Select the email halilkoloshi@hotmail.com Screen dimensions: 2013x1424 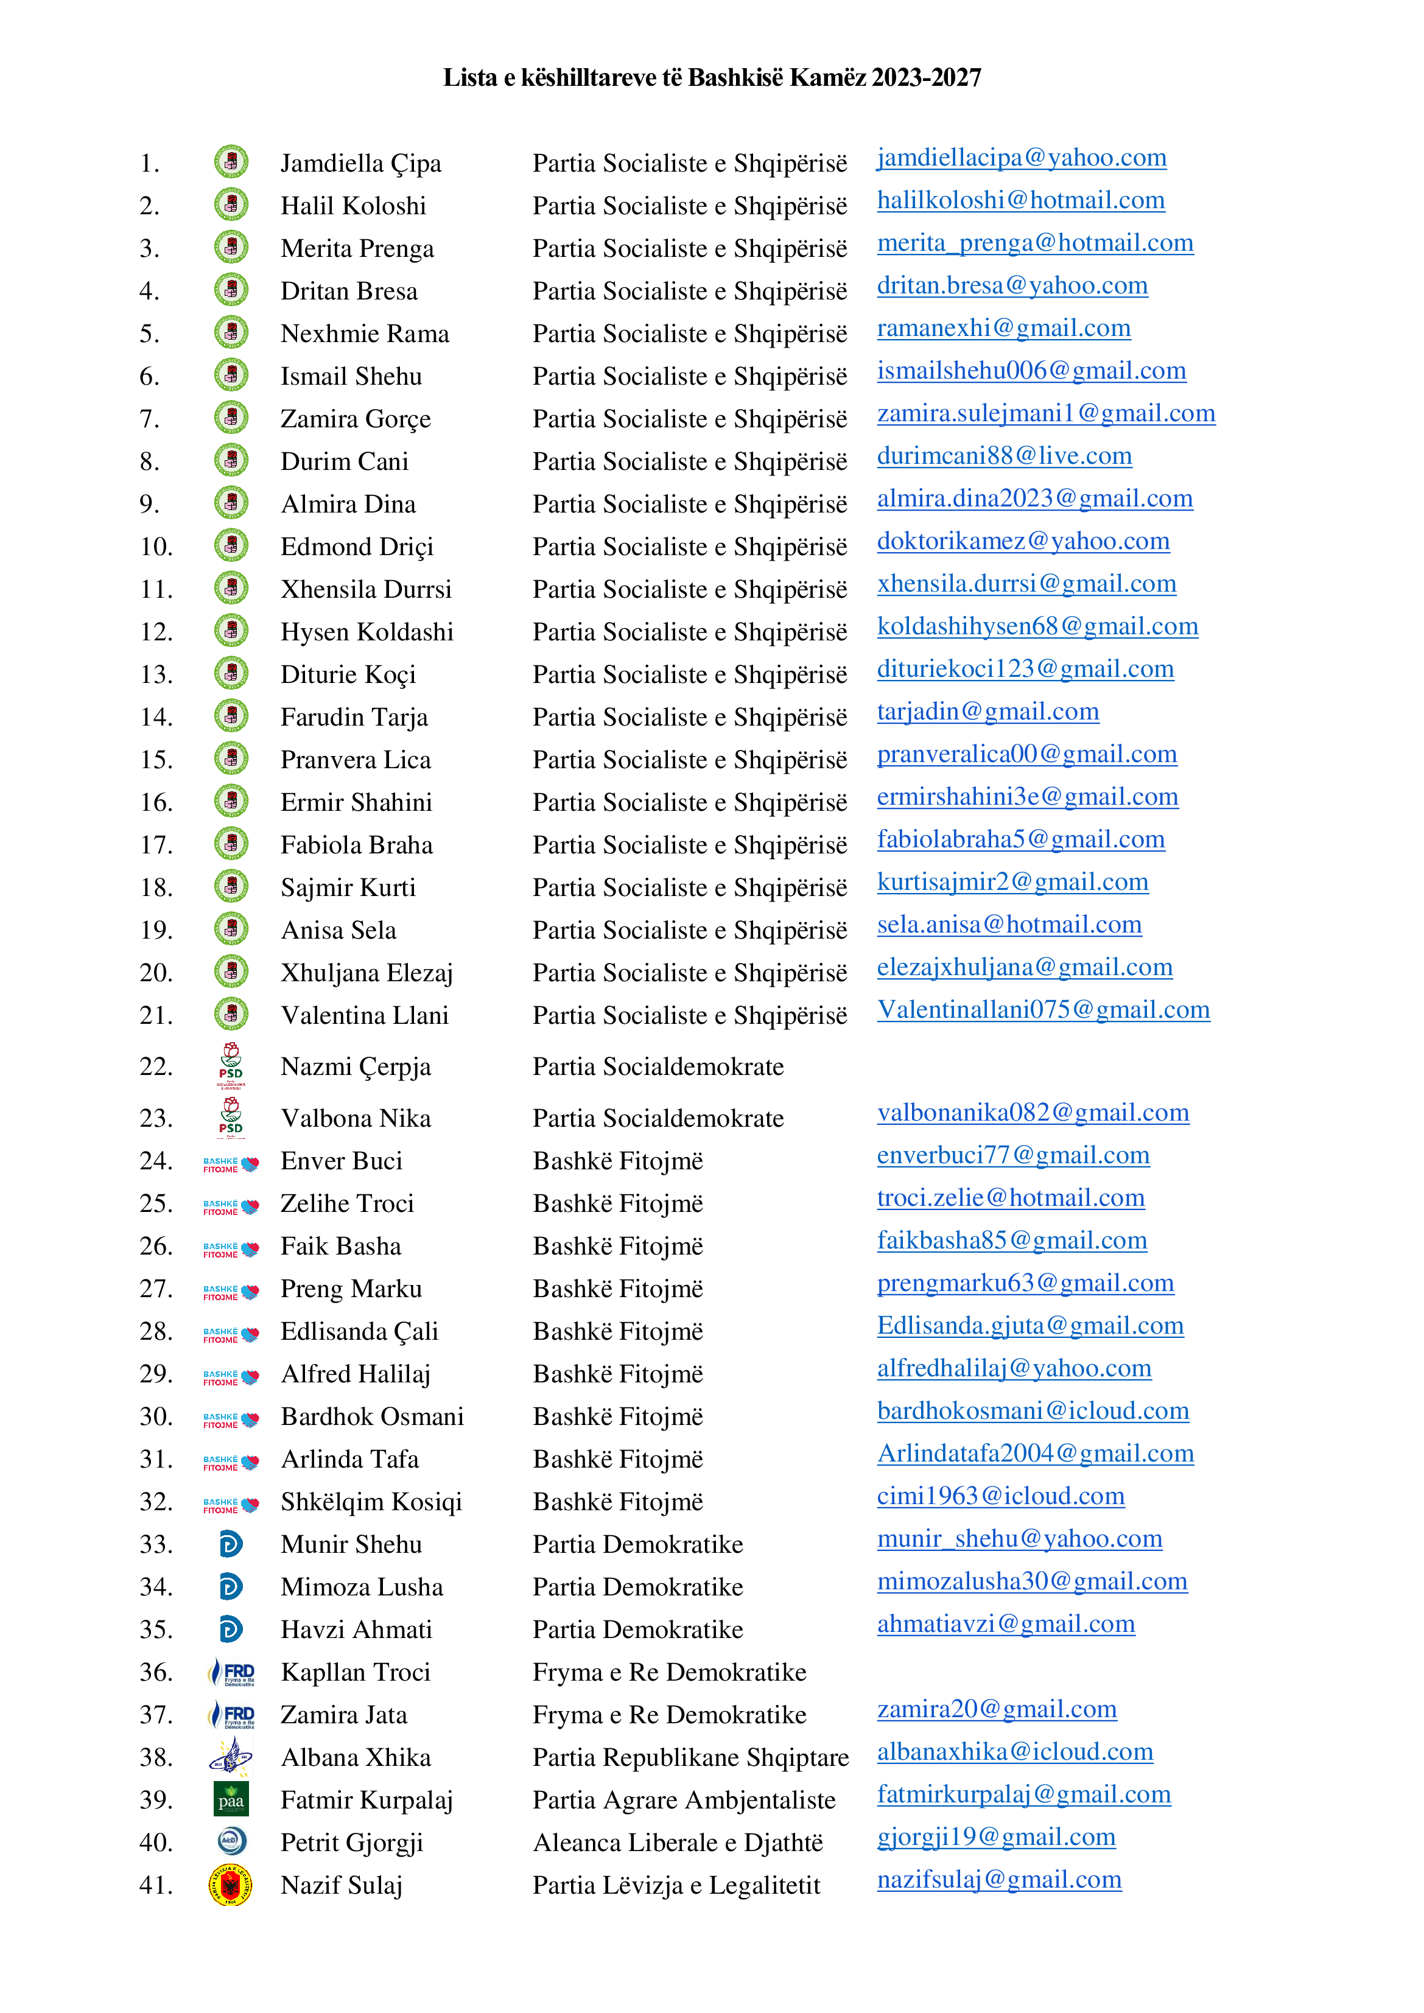tap(1020, 201)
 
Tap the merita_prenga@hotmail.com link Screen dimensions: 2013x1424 tap(1035, 243)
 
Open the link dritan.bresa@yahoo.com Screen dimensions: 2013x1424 tap(1012, 286)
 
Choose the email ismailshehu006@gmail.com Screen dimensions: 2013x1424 tap(1031, 371)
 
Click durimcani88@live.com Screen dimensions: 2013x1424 tap(1004, 456)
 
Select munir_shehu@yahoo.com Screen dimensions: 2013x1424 tap(1020, 1539)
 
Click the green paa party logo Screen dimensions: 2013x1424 tap(231, 1798)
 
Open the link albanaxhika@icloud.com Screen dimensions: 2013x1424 tap(1014, 1752)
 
